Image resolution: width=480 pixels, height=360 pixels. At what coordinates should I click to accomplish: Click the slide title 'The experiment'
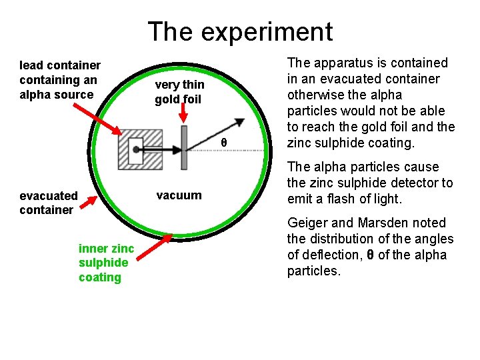(240, 31)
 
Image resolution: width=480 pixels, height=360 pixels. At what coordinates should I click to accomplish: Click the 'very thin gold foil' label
(179, 92)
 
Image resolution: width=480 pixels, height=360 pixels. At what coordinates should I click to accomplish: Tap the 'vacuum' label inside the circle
(178, 195)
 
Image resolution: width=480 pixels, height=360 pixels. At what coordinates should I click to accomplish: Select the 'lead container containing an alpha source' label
(60, 79)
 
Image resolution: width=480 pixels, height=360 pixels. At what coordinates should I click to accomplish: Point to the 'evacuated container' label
(49, 203)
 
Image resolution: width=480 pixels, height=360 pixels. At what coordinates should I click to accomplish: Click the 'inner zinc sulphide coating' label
(106, 263)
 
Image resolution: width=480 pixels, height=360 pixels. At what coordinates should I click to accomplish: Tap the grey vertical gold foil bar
(184, 148)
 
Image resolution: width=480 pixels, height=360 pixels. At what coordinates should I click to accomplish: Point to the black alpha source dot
(135, 149)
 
